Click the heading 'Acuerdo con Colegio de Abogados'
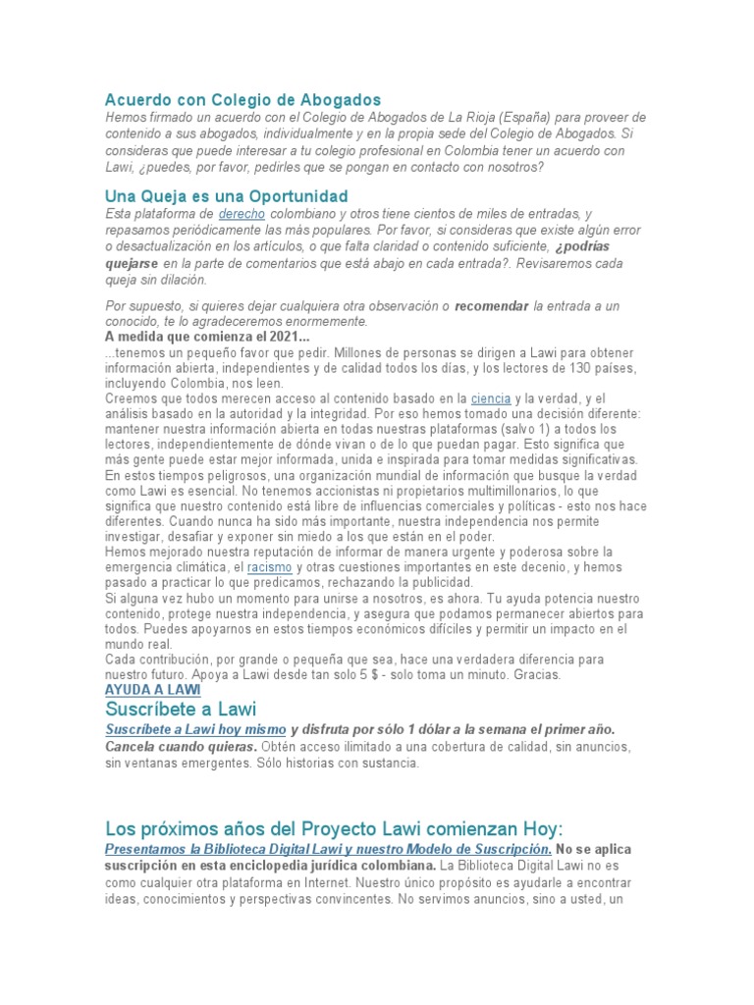(x=242, y=100)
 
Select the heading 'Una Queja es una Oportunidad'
(x=226, y=195)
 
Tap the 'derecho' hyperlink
(x=242, y=213)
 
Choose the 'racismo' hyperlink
(x=269, y=567)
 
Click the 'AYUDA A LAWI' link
(x=152, y=690)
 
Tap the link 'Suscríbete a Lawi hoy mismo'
(x=195, y=730)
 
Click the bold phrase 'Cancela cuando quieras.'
(x=181, y=746)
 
